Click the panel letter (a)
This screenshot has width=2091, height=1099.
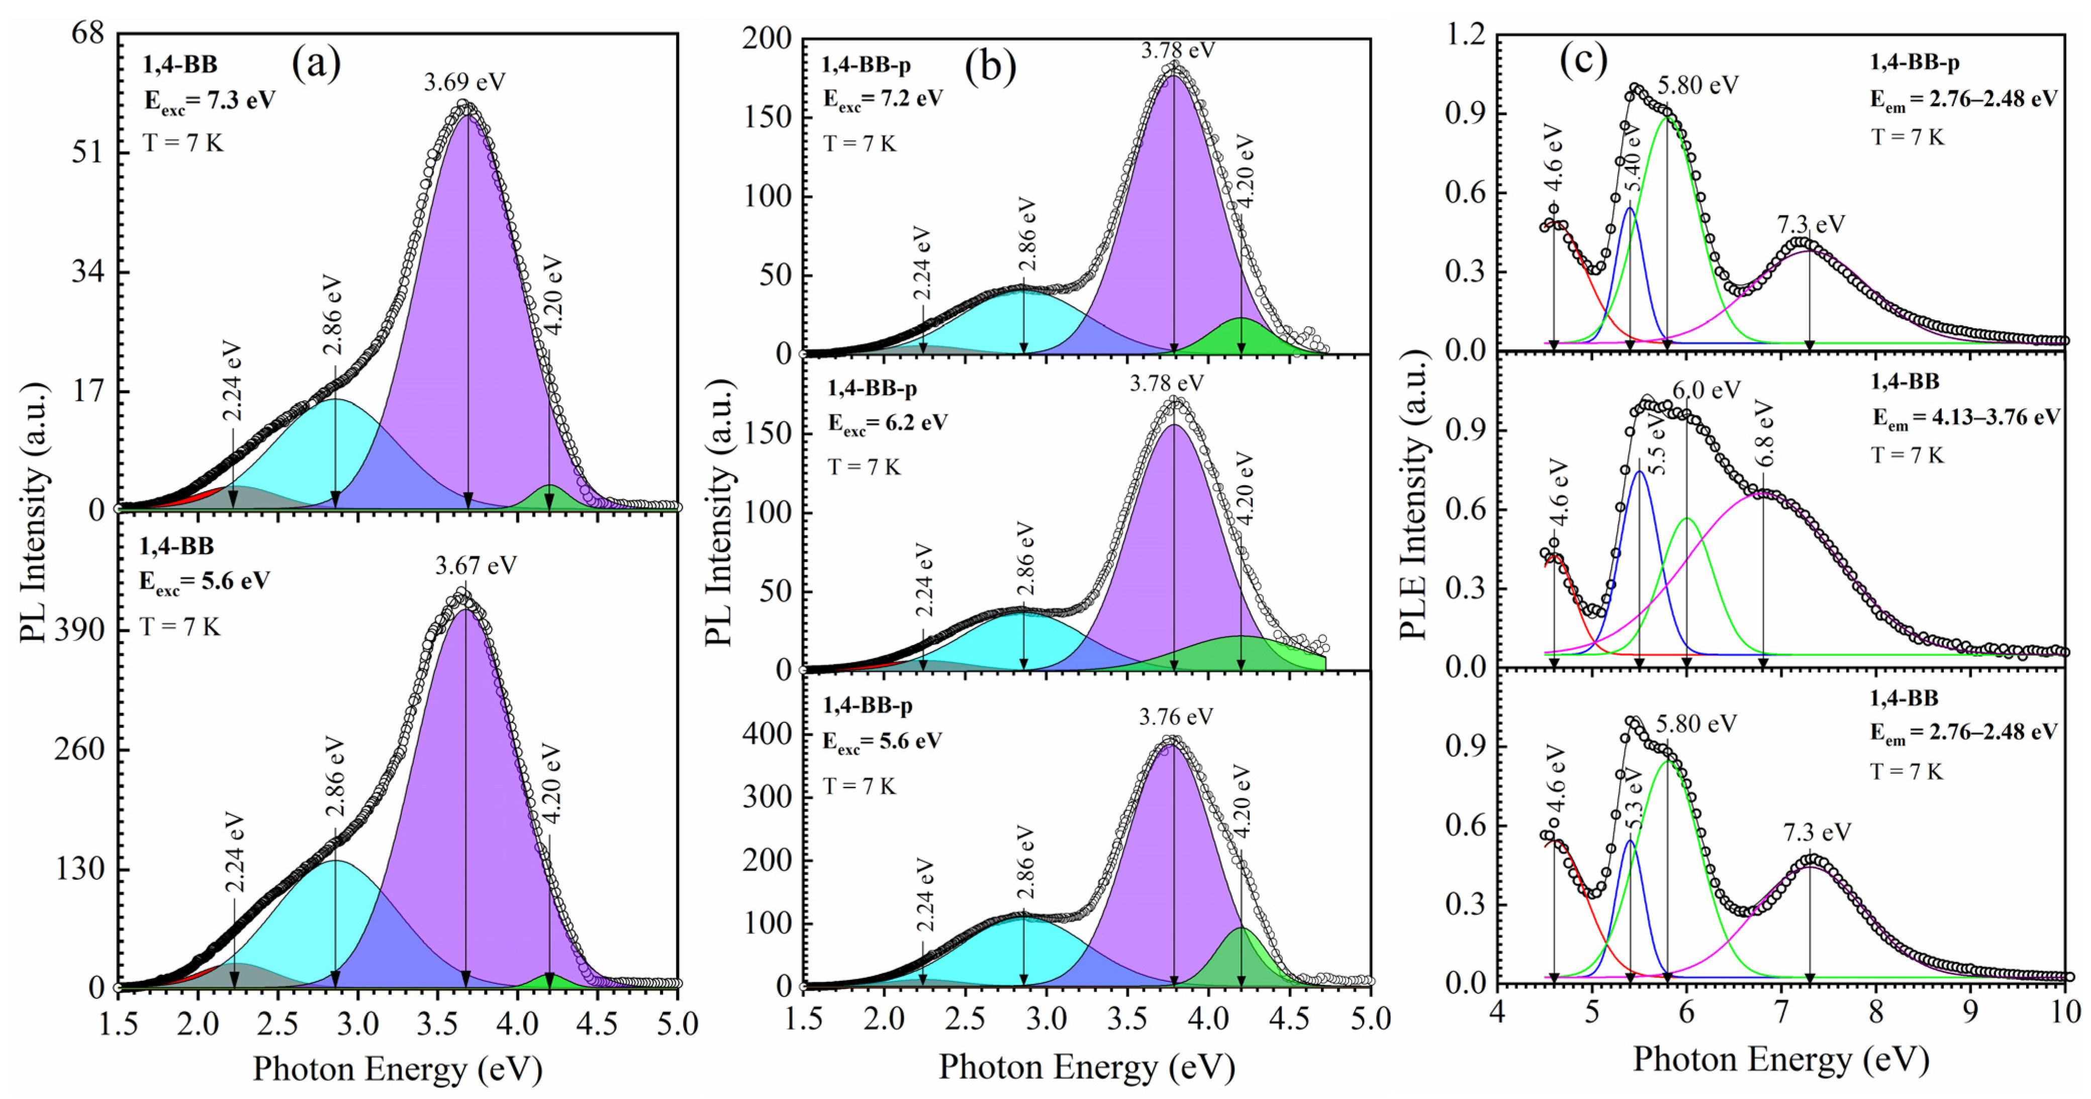pyautogui.click(x=317, y=63)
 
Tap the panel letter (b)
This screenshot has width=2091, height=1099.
pyautogui.click(x=990, y=66)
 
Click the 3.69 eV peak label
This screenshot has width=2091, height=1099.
pyautogui.click(x=464, y=82)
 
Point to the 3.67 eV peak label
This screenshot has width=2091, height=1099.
pyautogui.click(x=476, y=565)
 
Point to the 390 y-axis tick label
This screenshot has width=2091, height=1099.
pyautogui.click(x=79, y=630)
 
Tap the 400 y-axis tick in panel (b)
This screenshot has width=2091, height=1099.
pyautogui.click(x=767, y=734)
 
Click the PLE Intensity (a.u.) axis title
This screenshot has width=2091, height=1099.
pyautogui.click(x=1413, y=495)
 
